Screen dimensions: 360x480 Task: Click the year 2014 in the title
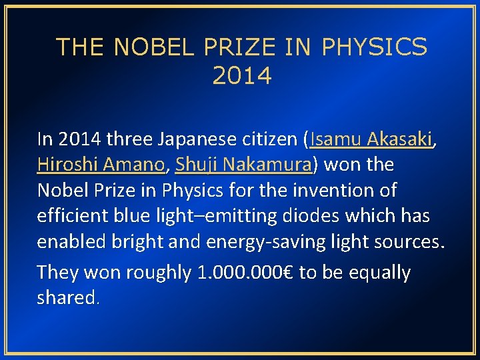coord(242,76)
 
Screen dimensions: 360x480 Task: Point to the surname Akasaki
coord(401,139)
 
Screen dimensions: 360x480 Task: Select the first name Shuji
coord(195,165)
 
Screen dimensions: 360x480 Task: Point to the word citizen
coord(269,139)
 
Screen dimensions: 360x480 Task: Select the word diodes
coord(326,215)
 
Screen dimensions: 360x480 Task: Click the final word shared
coord(67,297)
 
